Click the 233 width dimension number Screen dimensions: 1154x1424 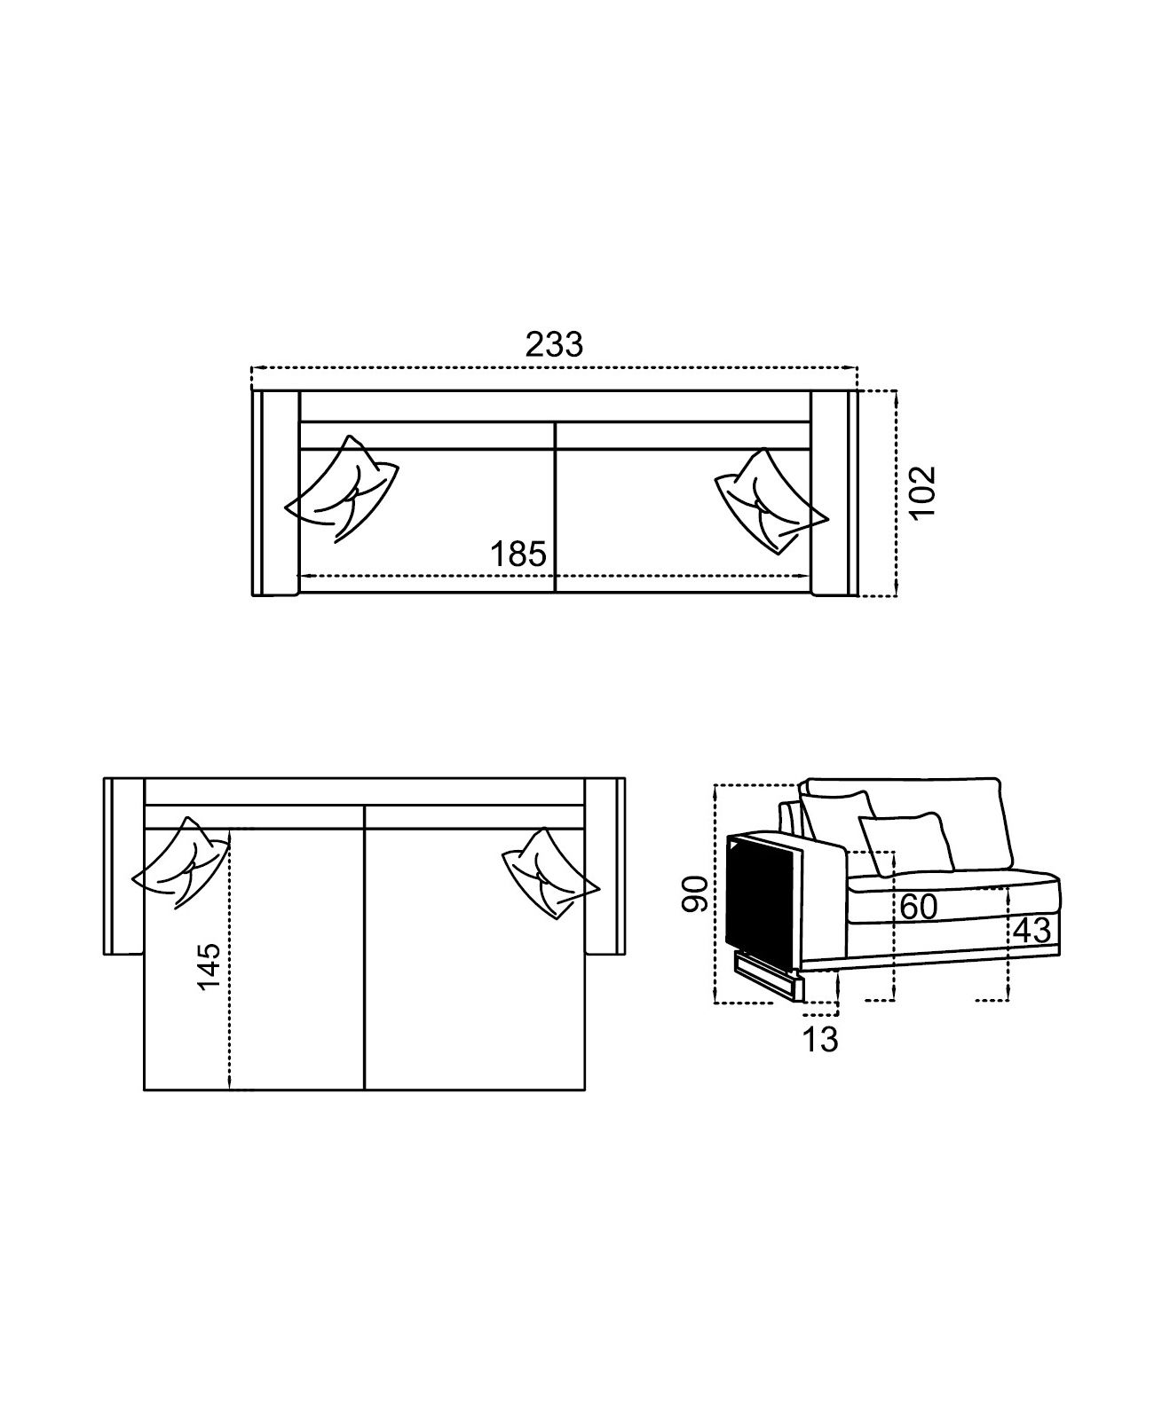(554, 345)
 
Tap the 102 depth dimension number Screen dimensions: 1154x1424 (922, 492)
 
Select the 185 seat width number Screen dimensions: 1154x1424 (518, 555)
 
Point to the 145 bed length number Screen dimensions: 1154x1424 (208, 967)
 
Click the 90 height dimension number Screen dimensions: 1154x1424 (695, 893)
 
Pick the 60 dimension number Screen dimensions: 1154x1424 (919, 908)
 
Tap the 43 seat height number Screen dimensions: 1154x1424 (1033, 930)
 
